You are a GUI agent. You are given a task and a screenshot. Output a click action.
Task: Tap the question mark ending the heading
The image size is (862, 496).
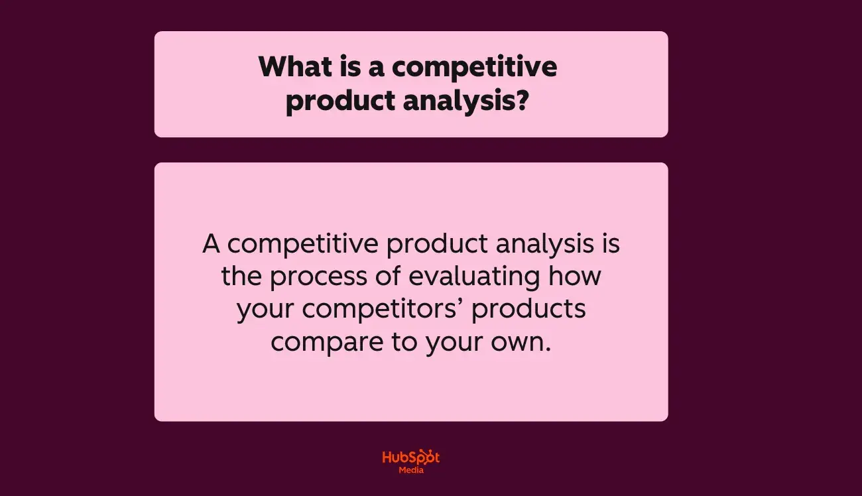coord(521,102)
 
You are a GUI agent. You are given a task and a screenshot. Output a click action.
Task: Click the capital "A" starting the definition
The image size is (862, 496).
coord(211,244)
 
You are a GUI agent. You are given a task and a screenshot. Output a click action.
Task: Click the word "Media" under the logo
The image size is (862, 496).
coord(411,470)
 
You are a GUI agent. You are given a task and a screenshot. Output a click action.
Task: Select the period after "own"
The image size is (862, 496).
coord(548,350)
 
